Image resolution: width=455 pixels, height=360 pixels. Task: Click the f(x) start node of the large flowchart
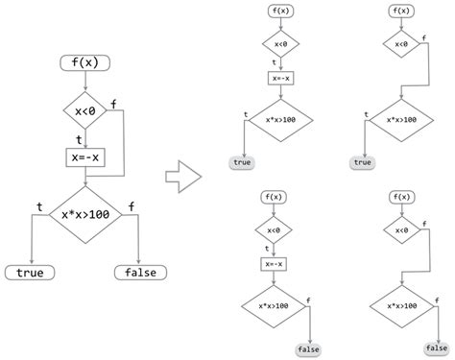[x=85, y=64]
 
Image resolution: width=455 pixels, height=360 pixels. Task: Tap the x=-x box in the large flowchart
[x=85, y=156]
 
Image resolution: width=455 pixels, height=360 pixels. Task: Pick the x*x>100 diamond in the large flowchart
[x=85, y=214]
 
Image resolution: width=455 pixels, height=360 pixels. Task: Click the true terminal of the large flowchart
[x=32, y=273]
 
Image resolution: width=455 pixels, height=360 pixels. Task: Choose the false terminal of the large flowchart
[x=140, y=273]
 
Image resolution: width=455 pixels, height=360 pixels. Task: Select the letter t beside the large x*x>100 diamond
[x=38, y=204]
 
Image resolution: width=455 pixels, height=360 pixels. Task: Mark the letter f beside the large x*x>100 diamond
[x=132, y=204]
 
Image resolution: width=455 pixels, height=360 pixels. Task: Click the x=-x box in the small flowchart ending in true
[x=279, y=78]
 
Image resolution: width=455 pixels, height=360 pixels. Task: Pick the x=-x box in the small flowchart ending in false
[x=275, y=263]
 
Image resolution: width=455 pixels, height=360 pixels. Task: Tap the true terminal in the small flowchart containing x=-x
[x=242, y=162]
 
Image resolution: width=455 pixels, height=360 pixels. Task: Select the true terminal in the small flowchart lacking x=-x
[x=362, y=162]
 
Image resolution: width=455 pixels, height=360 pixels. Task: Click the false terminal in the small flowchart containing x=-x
[x=308, y=348]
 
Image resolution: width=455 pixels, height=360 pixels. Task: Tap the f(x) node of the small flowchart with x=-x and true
[x=279, y=12]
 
